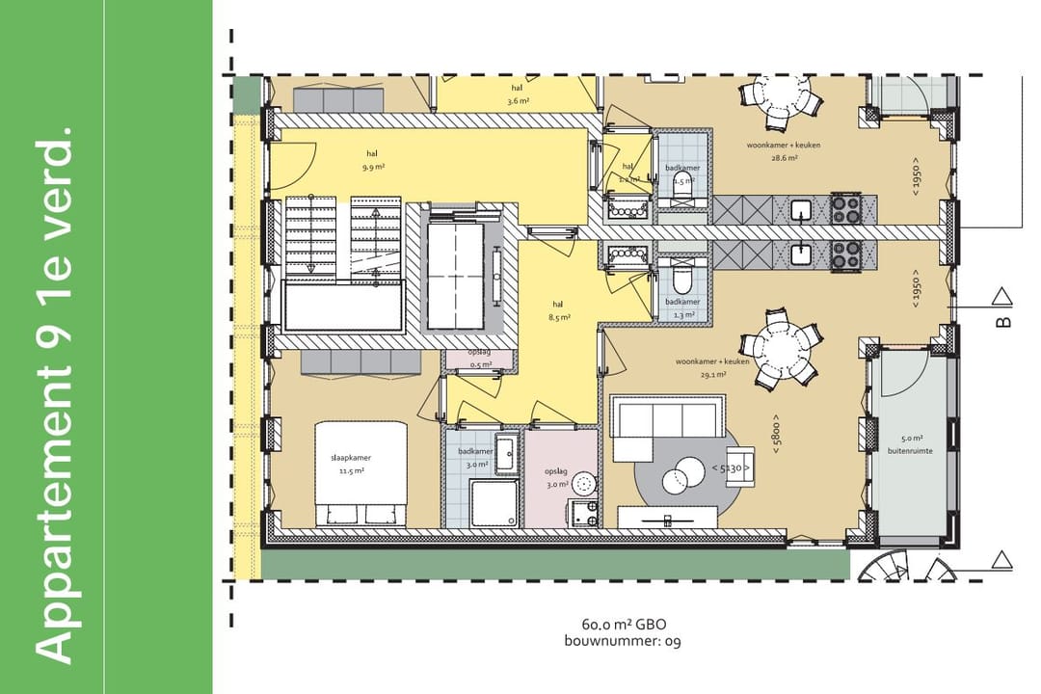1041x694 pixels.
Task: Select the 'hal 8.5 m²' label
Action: pos(559,309)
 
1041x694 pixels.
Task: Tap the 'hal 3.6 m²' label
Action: pos(520,94)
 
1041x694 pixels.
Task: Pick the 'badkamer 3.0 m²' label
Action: pos(475,458)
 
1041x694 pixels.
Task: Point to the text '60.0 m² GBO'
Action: pos(624,625)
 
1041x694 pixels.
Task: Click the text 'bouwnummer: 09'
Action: pos(624,641)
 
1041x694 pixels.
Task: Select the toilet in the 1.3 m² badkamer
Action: pos(682,281)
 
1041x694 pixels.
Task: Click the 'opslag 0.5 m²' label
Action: pos(480,358)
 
